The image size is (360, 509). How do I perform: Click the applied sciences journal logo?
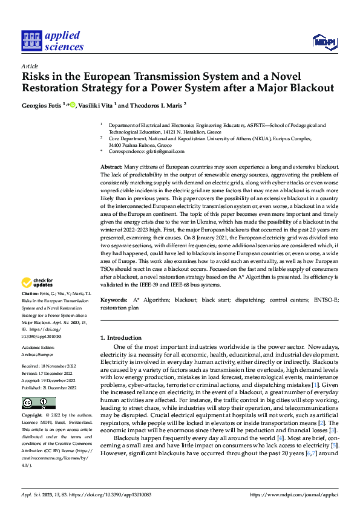click(53, 41)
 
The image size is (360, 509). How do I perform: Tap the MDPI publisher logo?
click(324, 41)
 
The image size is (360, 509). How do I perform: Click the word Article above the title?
click(30, 66)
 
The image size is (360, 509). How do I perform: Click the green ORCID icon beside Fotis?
click(73, 105)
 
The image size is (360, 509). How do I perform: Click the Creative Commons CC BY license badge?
click(31, 403)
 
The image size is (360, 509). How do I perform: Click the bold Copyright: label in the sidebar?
click(32, 417)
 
